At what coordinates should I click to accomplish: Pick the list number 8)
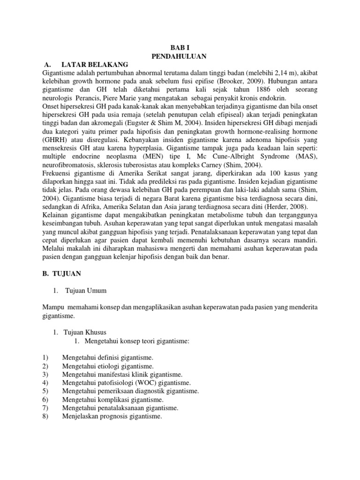pyautogui.click(x=45, y=416)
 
